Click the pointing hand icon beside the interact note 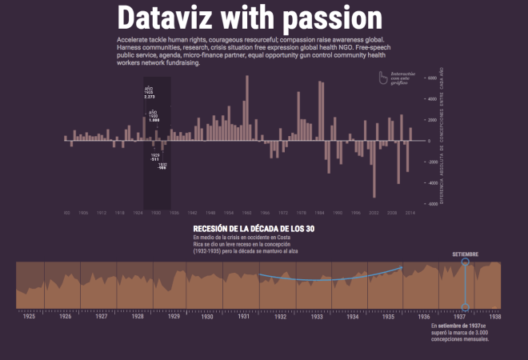[x=383, y=78]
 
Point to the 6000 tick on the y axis [x=432, y=78]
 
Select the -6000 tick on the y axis [x=431, y=204]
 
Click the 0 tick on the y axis [x=430, y=141]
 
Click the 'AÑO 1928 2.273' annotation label [x=149, y=92]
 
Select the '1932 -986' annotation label [x=162, y=166]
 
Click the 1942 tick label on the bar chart [x=192, y=213]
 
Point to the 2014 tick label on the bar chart [x=410, y=213]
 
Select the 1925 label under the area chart [x=29, y=317]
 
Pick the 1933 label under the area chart [x=317, y=317]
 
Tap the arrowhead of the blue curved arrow [x=400, y=267]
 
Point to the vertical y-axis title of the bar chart [x=442, y=141]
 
